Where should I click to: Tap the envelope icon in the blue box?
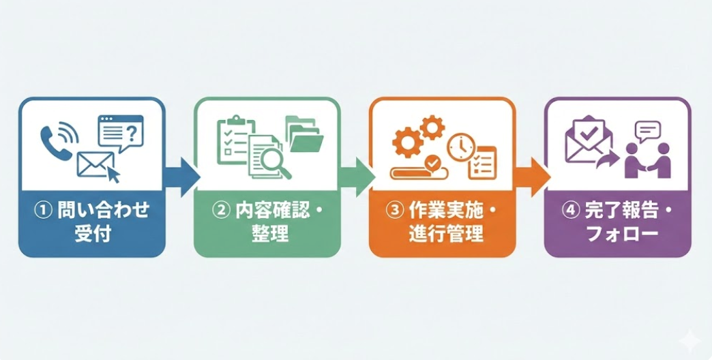coord(95,164)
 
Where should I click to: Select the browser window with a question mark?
coord(121,132)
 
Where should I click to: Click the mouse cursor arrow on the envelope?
coord(113,175)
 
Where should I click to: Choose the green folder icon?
coord(303,134)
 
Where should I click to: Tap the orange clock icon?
coord(460,147)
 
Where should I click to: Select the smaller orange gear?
coord(432,127)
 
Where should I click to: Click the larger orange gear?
coord(407,142)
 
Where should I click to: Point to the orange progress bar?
coord(419,172)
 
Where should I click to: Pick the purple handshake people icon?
coord(648,160)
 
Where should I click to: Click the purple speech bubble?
coord(648,132)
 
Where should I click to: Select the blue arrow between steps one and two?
coord(181,177)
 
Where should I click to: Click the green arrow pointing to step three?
coord(357,177)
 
